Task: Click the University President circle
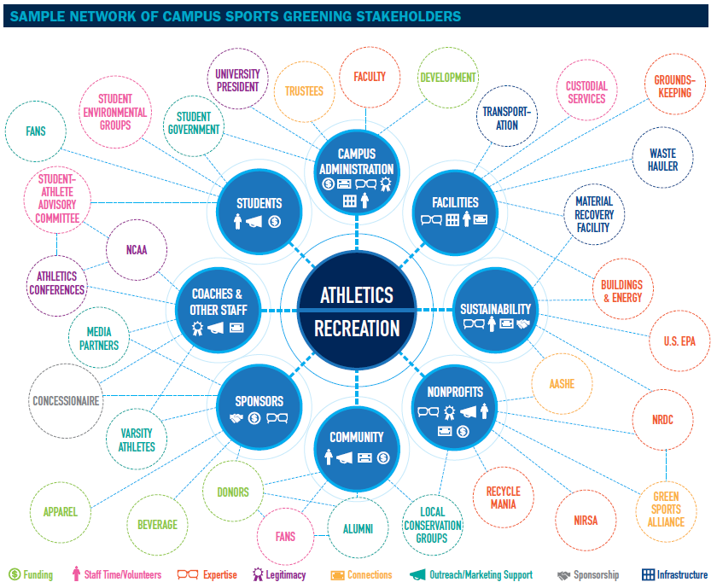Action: point(238,80)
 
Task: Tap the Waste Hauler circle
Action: point(662,160)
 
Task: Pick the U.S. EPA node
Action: point(679,341)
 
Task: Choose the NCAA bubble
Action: point(137,251)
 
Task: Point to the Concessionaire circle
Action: point(66,400)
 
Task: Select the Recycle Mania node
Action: point(503,498)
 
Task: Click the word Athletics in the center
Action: point(357,295)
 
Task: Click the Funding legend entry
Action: point(32,575)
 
